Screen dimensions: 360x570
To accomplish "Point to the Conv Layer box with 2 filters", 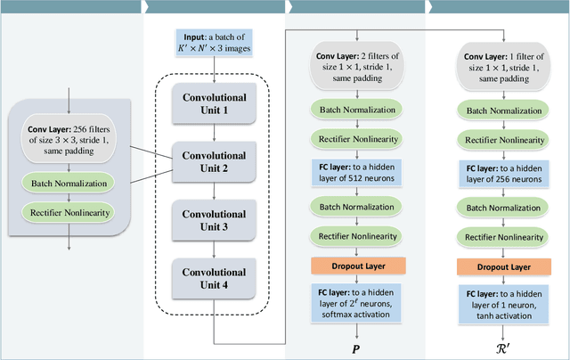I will click(x=357, y=68).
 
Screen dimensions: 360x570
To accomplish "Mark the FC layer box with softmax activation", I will click(x=357, y=302).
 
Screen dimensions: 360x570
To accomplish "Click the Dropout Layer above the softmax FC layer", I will click(x=357, y=266).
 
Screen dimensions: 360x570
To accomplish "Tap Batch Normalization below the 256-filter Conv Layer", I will click(x=70, y=184).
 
